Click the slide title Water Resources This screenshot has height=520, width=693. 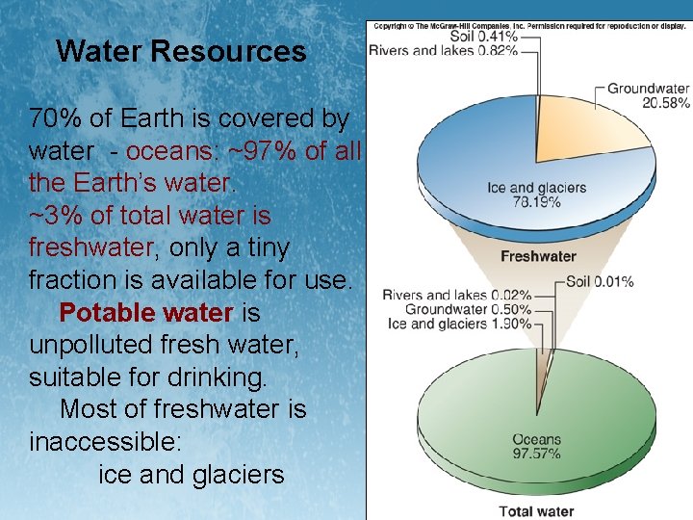coord(181,51)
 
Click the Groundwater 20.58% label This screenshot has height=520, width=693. coord(648,95)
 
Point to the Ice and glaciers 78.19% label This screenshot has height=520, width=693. coord(536,195)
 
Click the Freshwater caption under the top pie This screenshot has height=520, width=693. coord(538,256)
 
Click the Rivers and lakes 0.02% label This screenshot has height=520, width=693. coord(457,295)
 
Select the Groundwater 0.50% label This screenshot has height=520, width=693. coord(468,309)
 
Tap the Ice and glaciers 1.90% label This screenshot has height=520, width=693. coord(459,324)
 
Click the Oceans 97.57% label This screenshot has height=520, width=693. coord(536,446)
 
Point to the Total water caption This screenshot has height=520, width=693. coord(536,511)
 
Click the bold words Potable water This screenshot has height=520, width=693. coord(145,313)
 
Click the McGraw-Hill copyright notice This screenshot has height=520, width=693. coord(528,26)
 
